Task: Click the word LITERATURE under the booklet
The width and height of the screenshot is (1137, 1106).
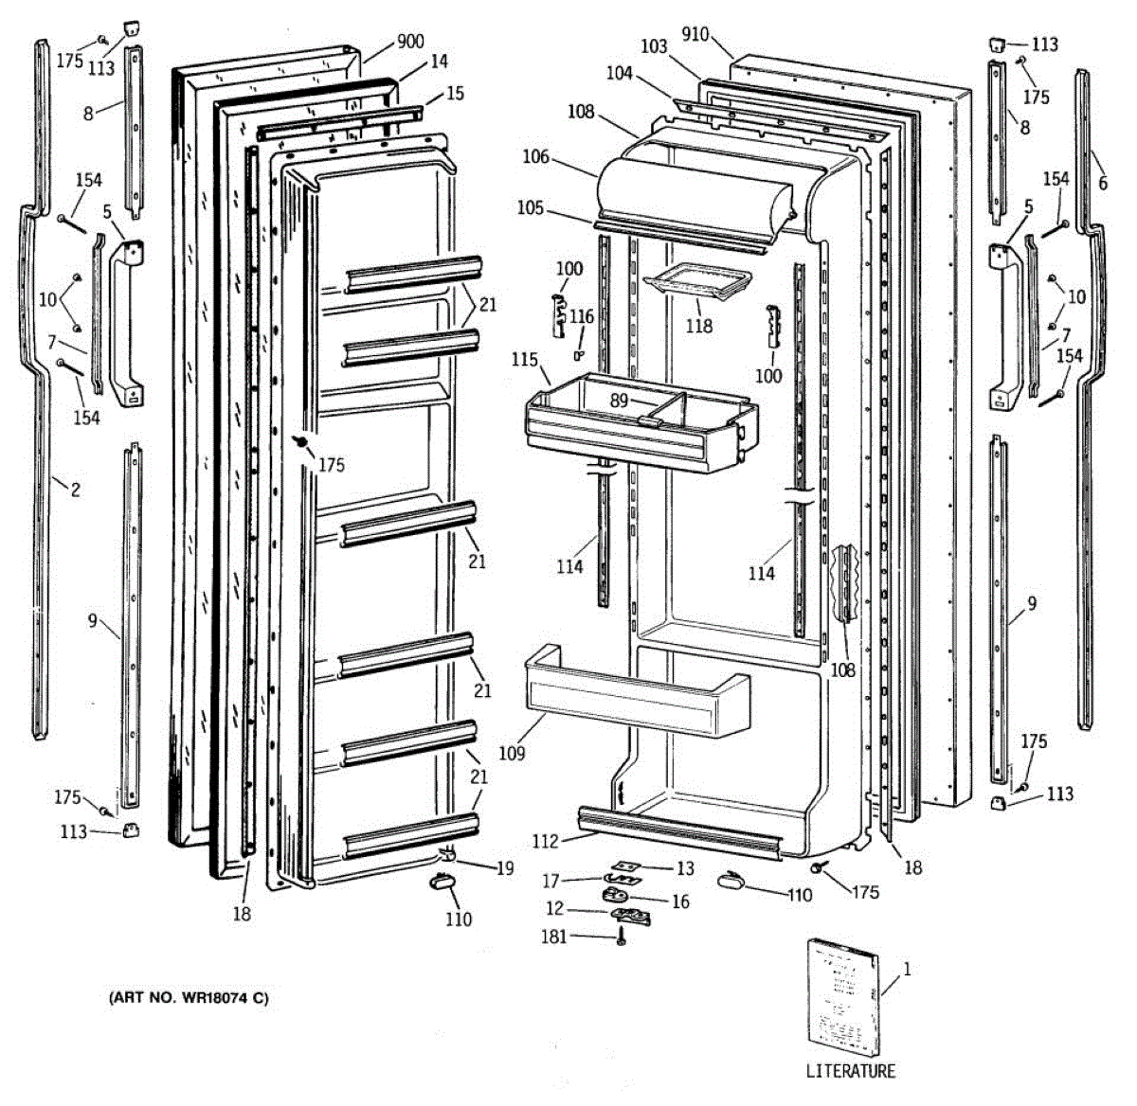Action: [x=850, y=1071]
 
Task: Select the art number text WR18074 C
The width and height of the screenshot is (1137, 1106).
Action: [x=189, y=997]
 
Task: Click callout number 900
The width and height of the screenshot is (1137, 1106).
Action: [x=410, y=42]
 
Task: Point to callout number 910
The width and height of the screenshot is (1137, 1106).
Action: [x=695, y=35]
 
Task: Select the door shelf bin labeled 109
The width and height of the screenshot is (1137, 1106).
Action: [x=635, y=691]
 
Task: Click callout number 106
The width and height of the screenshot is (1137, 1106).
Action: [x=535, y=156]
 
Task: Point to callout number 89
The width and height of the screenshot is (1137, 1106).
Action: [x=619, y=401]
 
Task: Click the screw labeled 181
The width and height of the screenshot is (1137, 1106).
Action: [x=622, y=939]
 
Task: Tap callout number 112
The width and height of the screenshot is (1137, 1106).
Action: [x=545, y=840]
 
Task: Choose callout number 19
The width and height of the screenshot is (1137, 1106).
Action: [x=505, y=867]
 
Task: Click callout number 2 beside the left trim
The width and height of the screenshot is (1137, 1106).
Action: [x=75, y=490]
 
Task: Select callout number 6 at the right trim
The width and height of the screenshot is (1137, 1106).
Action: [x=1102, y=184]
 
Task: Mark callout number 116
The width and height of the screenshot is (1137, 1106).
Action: [x=582, y=316]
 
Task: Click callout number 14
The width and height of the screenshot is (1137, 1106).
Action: [x=439, y=62]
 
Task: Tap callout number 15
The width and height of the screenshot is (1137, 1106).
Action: [x=455, y=93]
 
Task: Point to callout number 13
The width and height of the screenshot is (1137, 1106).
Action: [x=685, y=868]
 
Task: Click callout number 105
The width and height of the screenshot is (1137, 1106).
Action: [x=531, y=207]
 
